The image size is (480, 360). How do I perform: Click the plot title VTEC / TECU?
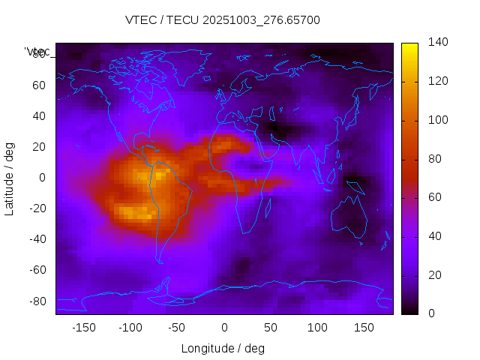pos(222,20)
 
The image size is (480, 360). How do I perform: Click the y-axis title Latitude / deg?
pos(10,178)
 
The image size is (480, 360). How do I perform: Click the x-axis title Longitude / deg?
pos(223,349)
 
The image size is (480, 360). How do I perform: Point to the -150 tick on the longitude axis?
pos(83,328)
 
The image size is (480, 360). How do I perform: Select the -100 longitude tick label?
pos(130,328)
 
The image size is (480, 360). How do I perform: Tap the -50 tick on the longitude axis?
pos(177,328)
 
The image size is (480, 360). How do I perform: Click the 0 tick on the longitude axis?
pos(223,328)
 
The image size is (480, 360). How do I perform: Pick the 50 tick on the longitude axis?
pos(270,328)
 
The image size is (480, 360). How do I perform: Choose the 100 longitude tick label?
pos(316,328)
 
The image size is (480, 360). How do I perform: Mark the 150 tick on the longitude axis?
pos(364,328)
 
